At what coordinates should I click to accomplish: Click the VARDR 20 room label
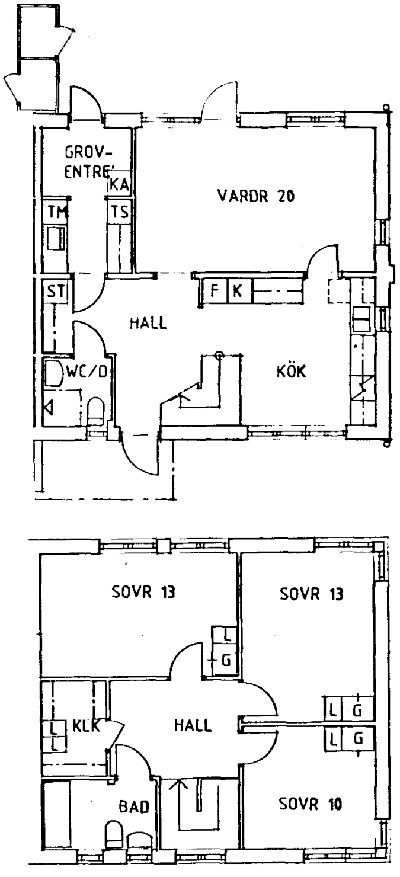(x=256, y=196)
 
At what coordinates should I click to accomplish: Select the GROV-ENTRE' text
(x=88, y=162)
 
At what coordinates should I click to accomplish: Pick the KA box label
(x=119, y=184)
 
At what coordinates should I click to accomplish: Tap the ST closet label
(x=56, y=292)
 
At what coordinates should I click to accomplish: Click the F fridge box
(x=215, y=291)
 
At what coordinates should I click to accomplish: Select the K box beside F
(x=238, y=291)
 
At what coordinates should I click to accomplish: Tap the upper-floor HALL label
(x=193, y=725)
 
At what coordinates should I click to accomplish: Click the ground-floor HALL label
(x=148, y=323)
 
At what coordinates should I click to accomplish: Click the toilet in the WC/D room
(x=95, y=411)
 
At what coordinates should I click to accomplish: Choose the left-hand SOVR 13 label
(x=143, y=591)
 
